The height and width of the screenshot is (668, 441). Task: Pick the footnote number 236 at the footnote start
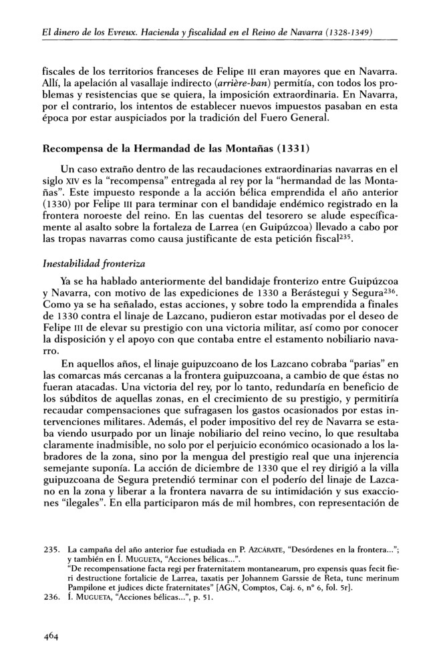pyautogui.click(x=51, y=597)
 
